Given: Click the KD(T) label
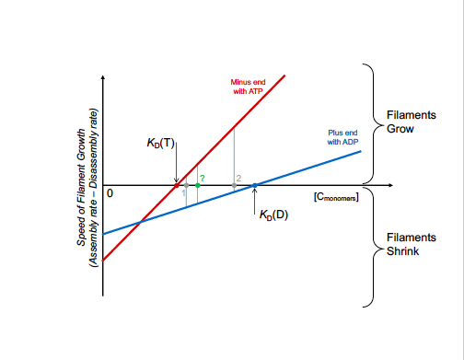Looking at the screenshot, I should pos(159,145).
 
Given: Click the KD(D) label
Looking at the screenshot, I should pos(273,215).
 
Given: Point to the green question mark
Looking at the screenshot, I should pos(202,176).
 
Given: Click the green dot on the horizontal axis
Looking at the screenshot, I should pos(198,186).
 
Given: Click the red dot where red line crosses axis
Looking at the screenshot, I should pos(177,186).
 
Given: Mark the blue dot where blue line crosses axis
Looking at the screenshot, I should pos(255,186).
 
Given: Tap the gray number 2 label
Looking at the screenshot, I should pos(238,177).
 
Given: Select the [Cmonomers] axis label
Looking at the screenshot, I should pos(335,195).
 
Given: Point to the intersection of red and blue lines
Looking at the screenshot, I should pos(139,222).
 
